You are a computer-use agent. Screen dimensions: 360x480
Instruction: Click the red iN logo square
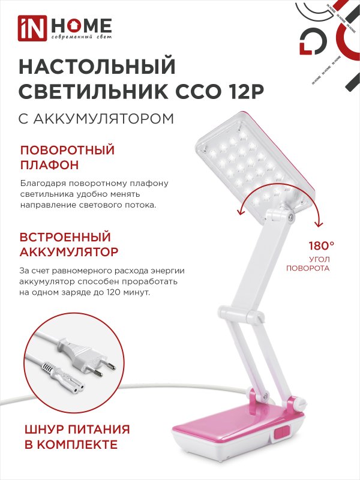coord(32,28)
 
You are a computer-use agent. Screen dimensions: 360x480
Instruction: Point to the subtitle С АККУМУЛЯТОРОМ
coord(97,119)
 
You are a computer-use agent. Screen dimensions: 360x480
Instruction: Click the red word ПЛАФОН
coord(50,165)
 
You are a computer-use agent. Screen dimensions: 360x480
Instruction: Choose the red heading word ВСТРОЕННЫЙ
coord(65,237)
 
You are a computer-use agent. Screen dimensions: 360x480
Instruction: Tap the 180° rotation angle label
coord(322,245)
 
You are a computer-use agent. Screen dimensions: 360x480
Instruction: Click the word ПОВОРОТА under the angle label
coord(308,268)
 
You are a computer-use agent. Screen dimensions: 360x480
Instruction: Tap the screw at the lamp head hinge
coord(291,217)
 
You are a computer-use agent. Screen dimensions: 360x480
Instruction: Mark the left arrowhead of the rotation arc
coord(241,212)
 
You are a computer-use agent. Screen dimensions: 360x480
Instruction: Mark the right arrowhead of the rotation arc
coord(319,224)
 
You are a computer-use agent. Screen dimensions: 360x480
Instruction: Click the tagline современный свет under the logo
coord(82,37)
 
